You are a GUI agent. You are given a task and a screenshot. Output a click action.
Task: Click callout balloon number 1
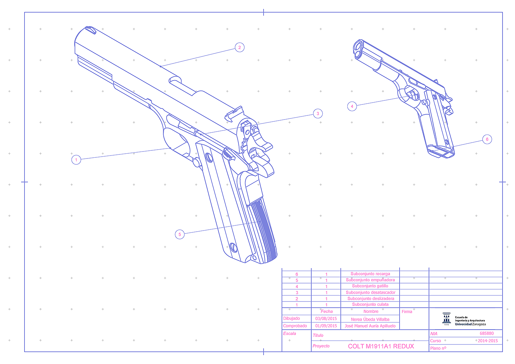click(x=76, y=160)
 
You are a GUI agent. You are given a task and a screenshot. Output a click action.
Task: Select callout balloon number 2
click(x=239, y=47)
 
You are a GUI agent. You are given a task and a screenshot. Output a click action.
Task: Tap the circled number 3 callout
click(x=318, y=114)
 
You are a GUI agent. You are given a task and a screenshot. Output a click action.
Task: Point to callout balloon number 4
click(x=352, y=106)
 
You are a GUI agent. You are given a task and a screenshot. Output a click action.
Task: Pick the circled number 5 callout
click(x=180, y=235)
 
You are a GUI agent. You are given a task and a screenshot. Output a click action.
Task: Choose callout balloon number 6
click(x=487, y=139)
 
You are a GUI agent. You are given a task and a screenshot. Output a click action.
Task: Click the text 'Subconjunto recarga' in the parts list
click(x=370, y=274)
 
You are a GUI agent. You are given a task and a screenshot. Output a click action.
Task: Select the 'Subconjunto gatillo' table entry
click(x=370, y=286)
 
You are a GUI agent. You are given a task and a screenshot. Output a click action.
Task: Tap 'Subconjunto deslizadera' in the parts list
click(x=371, y=299)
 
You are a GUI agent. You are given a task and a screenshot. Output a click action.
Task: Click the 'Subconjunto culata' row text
click(x=370, y=304)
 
